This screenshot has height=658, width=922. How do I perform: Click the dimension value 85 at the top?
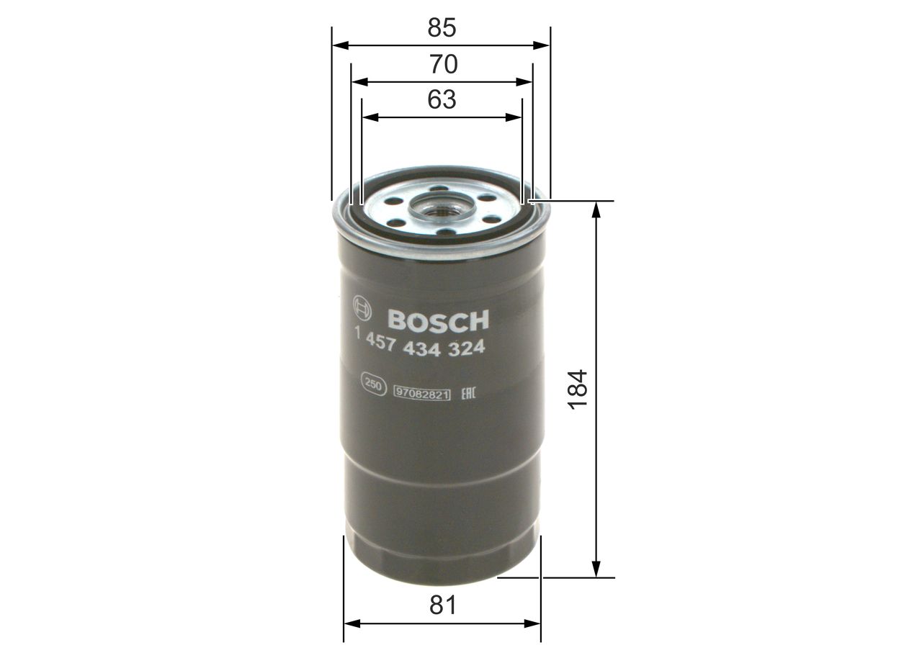[442, 28]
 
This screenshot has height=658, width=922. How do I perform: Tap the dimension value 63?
[442, 100]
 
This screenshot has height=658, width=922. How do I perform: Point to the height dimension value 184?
[578, 389]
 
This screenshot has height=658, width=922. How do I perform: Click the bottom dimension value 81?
[442, 605]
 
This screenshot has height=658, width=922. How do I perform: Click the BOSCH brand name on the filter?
[438, 320]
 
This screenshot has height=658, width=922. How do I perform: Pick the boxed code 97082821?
[422, 392]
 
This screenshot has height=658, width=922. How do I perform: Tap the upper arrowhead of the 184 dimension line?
[596, 208]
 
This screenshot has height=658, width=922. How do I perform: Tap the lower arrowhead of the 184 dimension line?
[596, 569]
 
